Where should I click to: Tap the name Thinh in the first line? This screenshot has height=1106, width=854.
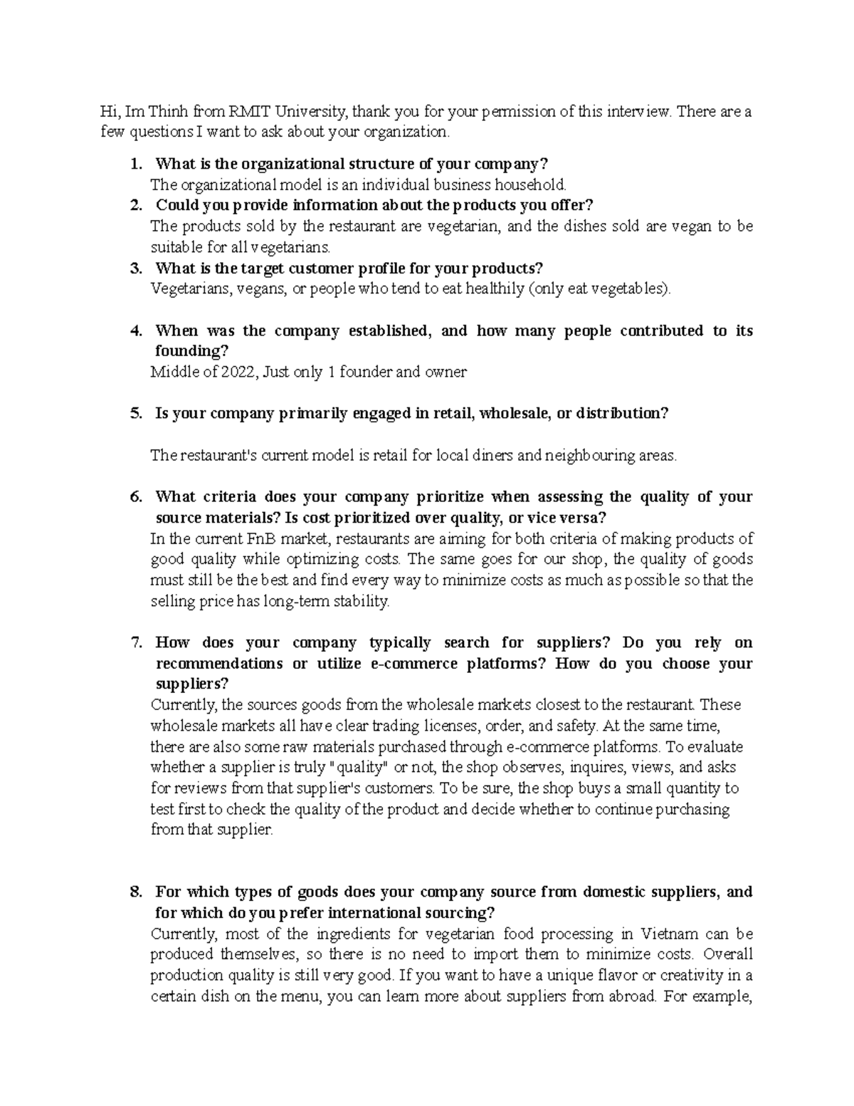[x=167, y=111]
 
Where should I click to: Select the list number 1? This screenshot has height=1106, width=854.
[x=136, y=164]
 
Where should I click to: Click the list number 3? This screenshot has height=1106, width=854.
[x=136, y=268]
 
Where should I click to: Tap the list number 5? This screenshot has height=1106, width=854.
[x=136, y=414]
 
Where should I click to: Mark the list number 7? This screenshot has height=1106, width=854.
[x=136, y=643]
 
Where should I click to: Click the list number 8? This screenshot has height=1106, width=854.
[x=136, y=892]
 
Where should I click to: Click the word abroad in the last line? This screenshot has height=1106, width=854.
[x=628, y=997]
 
